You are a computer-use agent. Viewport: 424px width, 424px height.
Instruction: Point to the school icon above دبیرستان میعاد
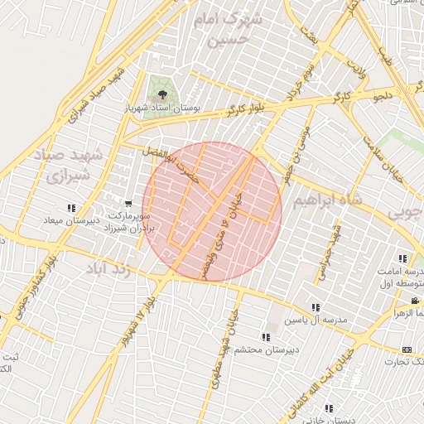(72, 208)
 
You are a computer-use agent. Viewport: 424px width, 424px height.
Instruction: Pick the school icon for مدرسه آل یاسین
(315, 308)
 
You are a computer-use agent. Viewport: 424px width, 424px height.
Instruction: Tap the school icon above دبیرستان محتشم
(265, 337)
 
